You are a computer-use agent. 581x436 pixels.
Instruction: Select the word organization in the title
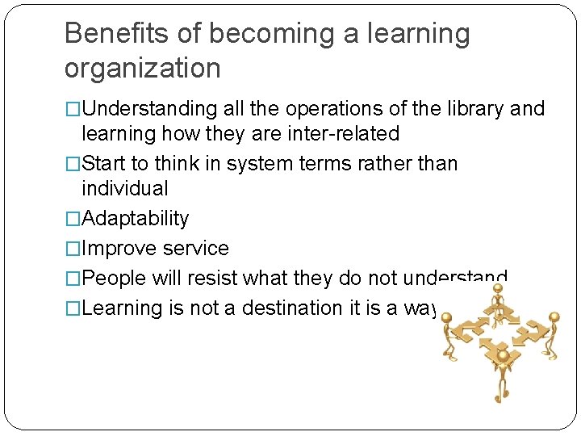point(142,69)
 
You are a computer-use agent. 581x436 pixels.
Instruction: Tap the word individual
point(125,189)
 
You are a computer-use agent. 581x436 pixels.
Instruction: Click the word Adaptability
point(136,219)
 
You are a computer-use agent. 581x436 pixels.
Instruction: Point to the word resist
point(210,279)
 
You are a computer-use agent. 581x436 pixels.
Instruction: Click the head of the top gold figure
point(498,296)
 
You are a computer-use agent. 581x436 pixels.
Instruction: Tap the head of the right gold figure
point(554,317)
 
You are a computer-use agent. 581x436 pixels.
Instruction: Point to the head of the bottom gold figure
point(503,355)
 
